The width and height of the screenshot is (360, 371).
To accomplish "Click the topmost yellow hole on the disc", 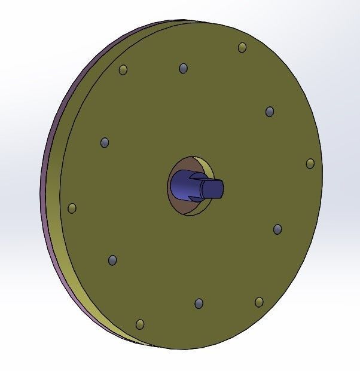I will [x=242, y=48].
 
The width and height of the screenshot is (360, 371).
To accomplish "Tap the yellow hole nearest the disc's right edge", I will [x=310, y=164].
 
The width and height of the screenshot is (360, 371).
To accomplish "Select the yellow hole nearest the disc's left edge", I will [x=72, y=208].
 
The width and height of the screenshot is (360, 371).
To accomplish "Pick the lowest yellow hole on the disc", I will [x=140, y=324].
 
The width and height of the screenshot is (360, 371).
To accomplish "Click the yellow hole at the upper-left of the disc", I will [x=123, y=70].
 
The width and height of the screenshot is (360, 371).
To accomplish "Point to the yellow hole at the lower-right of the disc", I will [x=259, y=302].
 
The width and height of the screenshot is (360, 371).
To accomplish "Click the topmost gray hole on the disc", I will [x=183, y=68].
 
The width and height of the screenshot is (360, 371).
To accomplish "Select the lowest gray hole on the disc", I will [x=199, y=303].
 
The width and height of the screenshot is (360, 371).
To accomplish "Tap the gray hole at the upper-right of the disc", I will [x=270, y=112].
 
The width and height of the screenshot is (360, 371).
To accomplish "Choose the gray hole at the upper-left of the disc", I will [x=105, y=143].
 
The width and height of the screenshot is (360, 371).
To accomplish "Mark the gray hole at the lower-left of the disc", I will [x=112, y=260].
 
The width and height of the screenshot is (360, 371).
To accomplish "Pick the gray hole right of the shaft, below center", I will [x=277, y=229].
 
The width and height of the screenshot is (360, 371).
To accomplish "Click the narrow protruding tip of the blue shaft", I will [x=213, y=189].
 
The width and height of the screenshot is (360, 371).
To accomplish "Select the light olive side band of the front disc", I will [x=66, y=251].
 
